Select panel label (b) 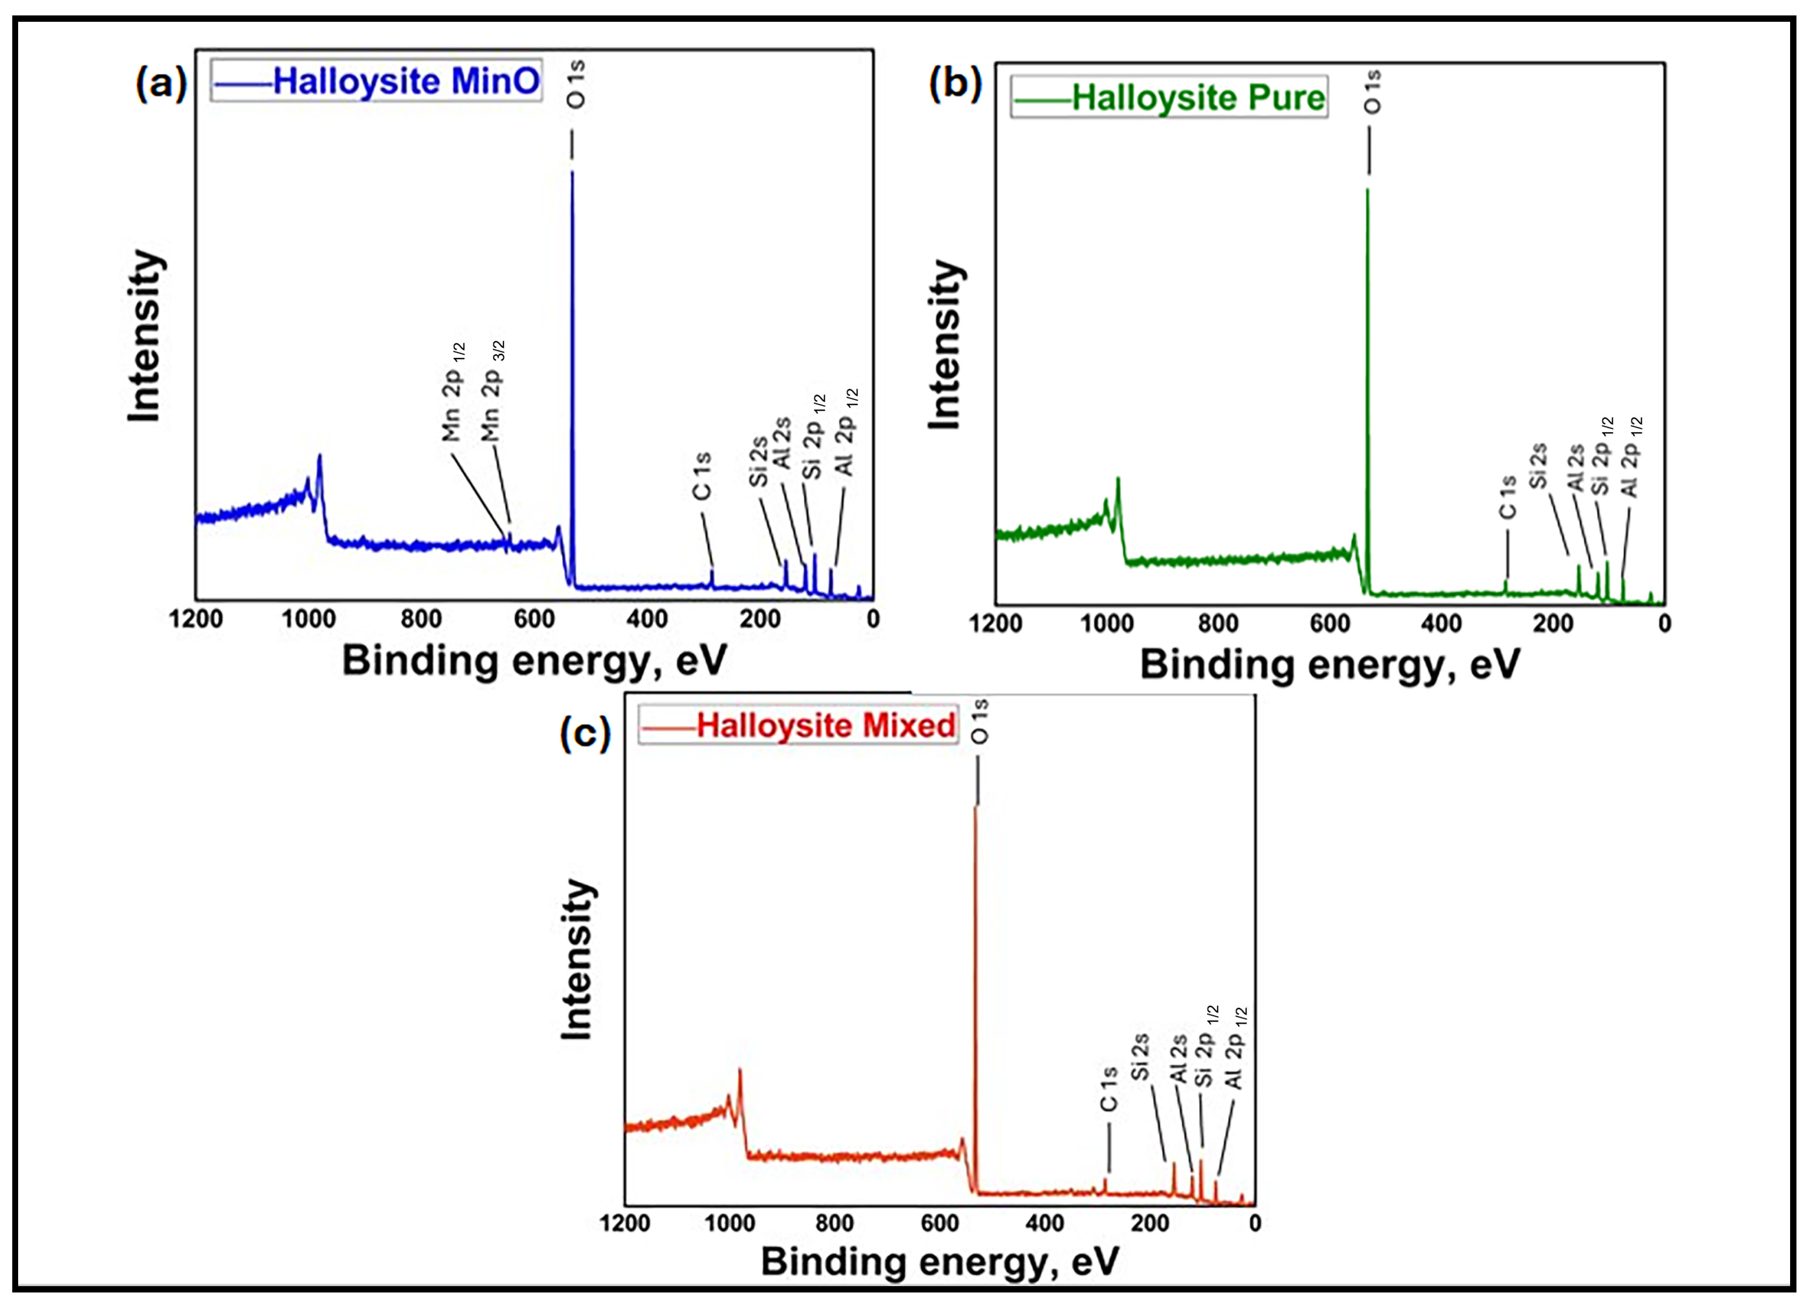click(955, 83)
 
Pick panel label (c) click(585, 732)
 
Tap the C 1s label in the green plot click(1507, 497)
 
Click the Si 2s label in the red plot click(1140, 1057)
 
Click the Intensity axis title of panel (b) click(946, 345)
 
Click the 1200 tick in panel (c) click(625, 1223)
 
